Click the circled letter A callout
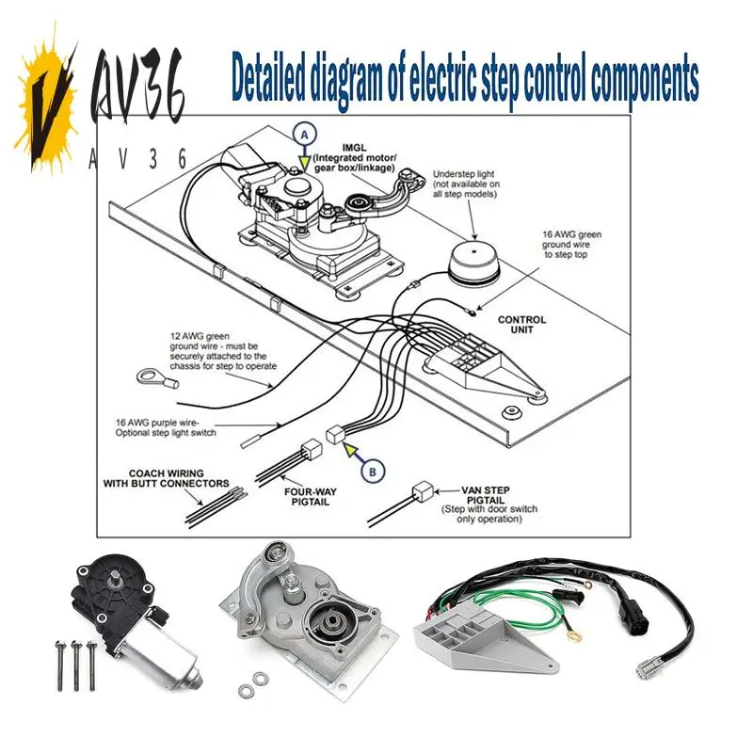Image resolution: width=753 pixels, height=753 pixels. click(x=303, y=135)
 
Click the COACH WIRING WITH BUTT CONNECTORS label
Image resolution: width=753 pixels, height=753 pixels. click(x=166, y=479)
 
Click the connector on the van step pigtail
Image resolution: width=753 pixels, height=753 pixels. click(x=423, y=492)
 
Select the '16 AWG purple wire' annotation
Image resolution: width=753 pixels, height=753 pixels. click(x=166, y=428)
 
